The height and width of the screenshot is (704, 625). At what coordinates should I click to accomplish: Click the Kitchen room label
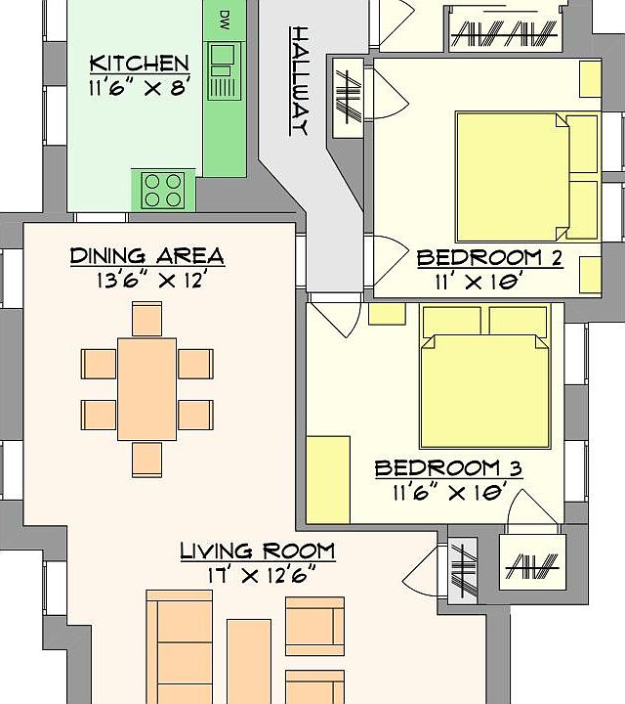click(140, 64)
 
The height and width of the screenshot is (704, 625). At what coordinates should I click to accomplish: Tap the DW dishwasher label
click(225, 21)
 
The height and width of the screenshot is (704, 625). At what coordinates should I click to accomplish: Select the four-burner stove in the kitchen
click(163, 191)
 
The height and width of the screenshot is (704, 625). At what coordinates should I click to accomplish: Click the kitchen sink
click(225, 71)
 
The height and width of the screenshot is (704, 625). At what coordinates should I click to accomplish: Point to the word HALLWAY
click(300, 81)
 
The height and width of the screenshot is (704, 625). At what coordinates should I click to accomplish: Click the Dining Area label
click(147, 256)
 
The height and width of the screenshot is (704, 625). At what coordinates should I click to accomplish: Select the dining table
click(147, 389)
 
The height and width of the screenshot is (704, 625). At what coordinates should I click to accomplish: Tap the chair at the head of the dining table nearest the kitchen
click(147, 319)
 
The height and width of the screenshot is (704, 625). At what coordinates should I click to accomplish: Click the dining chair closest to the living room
click(147, 460)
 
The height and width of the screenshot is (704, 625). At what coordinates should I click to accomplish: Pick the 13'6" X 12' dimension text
click(151, 281)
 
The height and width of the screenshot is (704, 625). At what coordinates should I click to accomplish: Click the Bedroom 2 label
click(489, 258)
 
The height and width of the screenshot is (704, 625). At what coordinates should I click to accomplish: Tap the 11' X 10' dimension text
click(479, 283)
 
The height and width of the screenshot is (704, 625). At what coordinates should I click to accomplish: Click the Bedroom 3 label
click(448, 468)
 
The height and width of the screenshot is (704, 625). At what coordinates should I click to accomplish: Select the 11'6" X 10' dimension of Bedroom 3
click(450, 493)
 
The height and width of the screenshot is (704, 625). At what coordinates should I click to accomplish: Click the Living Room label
click(258, 550)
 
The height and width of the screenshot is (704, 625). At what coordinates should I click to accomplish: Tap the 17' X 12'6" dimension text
click(262, 575)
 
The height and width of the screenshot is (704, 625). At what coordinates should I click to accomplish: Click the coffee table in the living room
click(249, 661)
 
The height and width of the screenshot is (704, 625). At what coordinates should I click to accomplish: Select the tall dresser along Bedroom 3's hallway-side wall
click(328, 479)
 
